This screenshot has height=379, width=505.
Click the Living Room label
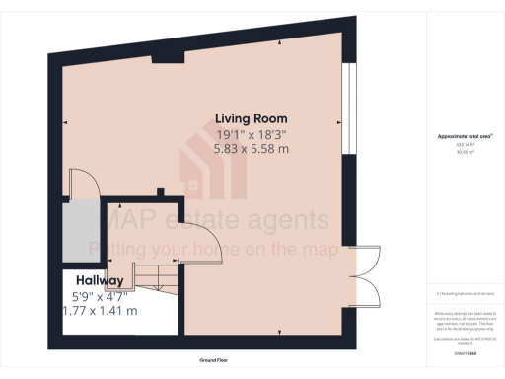252,117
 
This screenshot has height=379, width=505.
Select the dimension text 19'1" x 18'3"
252,134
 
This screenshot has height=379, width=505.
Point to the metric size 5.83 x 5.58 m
252,149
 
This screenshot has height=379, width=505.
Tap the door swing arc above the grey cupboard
83,184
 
